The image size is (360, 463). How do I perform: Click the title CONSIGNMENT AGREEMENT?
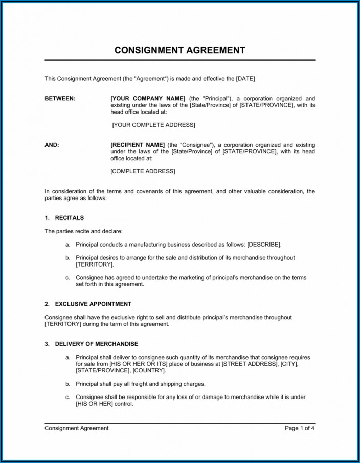[179, 50]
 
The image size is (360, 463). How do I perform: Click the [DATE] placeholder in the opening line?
[245, 78]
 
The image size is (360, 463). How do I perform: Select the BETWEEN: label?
[60, 98]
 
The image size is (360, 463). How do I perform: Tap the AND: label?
[52, 145]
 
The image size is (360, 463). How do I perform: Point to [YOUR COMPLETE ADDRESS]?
[153, 125]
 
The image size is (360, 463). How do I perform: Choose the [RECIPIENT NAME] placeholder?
[138, 145]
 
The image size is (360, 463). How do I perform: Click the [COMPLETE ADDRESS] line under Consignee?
[143, 171]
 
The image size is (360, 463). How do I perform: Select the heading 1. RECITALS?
[64, 217]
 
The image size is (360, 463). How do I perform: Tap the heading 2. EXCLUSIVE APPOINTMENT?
[88, 304]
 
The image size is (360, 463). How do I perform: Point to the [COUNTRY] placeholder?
[152, 370]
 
